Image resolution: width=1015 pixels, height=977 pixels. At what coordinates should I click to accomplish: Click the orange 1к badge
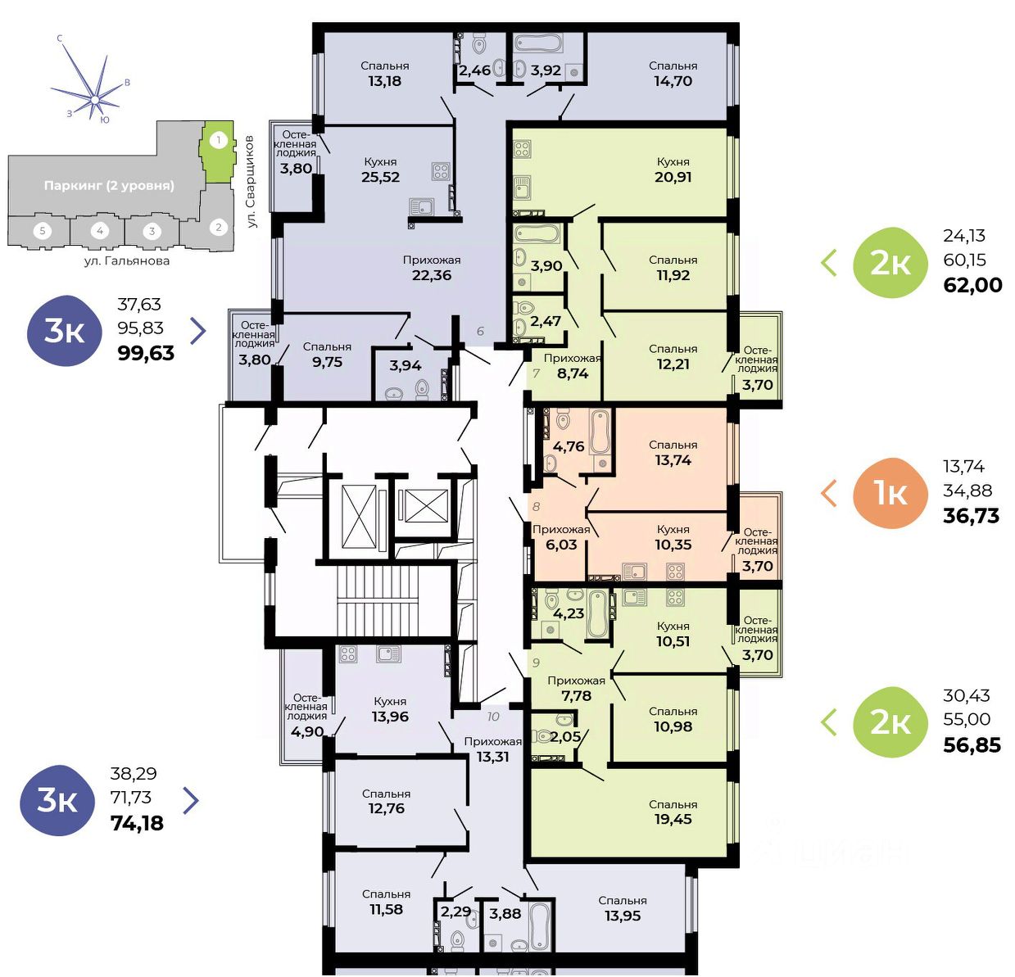point(890,493)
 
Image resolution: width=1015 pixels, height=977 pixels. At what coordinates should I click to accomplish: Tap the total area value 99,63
point(146,353)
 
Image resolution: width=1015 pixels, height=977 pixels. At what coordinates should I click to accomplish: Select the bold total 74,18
point(137,823)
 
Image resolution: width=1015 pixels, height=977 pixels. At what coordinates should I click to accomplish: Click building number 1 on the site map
point(219,140)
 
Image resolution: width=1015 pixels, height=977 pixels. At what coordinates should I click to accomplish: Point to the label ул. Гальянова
point(127,260)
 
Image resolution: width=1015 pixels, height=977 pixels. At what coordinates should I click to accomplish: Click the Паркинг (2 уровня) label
point(109,186)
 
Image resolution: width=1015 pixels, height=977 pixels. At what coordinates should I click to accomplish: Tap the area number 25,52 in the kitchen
point(381,177)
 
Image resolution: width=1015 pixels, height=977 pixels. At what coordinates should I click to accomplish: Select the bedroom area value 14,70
point(673,81)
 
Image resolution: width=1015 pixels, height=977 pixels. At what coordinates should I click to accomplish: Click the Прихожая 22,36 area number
point(432,275)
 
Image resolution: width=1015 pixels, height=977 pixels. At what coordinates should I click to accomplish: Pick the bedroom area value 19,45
point(673,819)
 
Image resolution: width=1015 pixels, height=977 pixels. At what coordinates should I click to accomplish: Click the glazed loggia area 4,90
point(307,731)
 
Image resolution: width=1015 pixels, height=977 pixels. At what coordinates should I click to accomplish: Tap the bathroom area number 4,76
point(569,446)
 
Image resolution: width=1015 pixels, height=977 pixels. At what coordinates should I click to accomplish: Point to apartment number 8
point(536,507)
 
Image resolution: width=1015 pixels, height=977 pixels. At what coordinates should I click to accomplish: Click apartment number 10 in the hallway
point(493,717)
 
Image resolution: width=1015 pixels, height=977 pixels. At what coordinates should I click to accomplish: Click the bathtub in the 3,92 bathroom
point(538,43)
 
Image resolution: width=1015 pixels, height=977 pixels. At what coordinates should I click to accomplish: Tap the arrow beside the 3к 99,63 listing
point(198,331)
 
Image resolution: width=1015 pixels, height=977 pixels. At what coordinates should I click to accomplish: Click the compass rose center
point(94,99)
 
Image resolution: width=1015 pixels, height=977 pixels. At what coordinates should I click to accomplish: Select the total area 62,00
point(972,285)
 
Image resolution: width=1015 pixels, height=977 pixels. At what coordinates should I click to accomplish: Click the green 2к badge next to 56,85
point(890,722)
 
